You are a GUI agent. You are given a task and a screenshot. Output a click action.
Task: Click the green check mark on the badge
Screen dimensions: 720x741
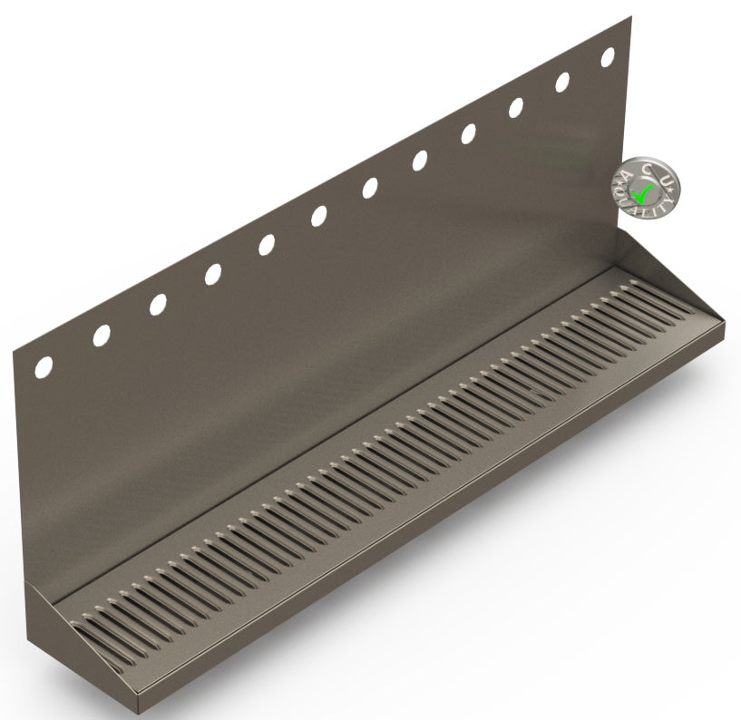pos(643,192)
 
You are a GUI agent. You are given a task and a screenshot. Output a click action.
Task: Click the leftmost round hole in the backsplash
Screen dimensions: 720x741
pos(43,367)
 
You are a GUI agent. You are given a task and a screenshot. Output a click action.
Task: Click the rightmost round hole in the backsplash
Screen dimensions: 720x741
pos(608,56)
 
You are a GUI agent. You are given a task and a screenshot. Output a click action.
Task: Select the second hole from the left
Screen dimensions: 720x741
pos(101,336)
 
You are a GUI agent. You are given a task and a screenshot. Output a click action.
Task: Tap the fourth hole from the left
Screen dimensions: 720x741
pos(212,273)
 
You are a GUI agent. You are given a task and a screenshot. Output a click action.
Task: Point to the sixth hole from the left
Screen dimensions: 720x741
pos(318,216)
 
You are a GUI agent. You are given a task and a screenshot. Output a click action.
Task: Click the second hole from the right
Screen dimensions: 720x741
pos(562,82)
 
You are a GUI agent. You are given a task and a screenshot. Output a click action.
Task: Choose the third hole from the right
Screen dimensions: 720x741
pos(516,107)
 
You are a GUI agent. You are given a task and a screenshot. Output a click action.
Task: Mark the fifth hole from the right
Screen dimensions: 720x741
pos(420,161)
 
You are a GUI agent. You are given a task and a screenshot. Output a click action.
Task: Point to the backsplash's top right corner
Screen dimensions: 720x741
pos(629,16)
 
